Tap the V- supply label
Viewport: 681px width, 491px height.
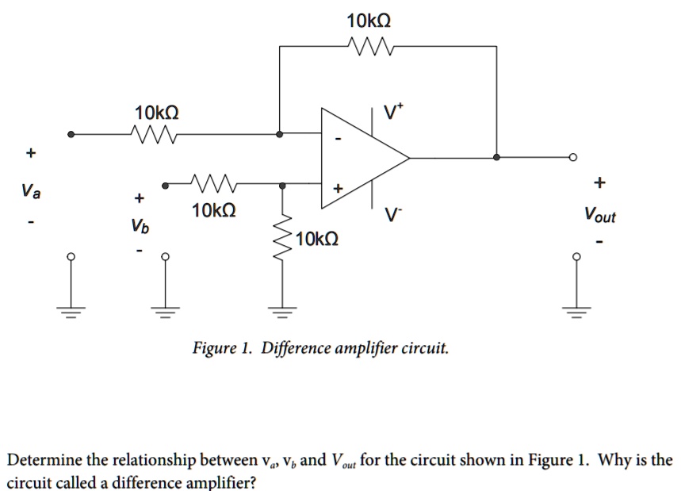(x=392, y=213)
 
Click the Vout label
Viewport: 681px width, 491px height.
(x=599, y=214)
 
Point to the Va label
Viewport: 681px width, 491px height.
(x=29, y=190)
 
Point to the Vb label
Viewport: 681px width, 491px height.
(x=140, y=226)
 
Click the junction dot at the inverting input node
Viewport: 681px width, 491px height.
(x=279, y=134)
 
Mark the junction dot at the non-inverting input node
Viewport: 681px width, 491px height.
(x=283, y=185)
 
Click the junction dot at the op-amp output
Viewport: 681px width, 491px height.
(x=497, y=158)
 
